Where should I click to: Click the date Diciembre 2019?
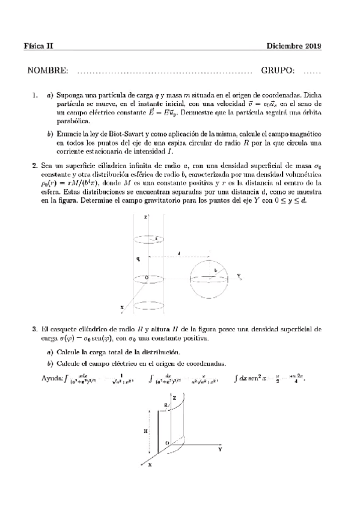[x=293, y=46]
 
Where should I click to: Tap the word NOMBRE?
[x=48, y=71]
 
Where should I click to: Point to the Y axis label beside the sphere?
[x=239, y=276]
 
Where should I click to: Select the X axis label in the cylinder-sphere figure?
[x=122, y=308]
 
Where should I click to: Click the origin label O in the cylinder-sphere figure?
[x=139, y=277]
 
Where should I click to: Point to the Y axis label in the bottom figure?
[x=221, y=449]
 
